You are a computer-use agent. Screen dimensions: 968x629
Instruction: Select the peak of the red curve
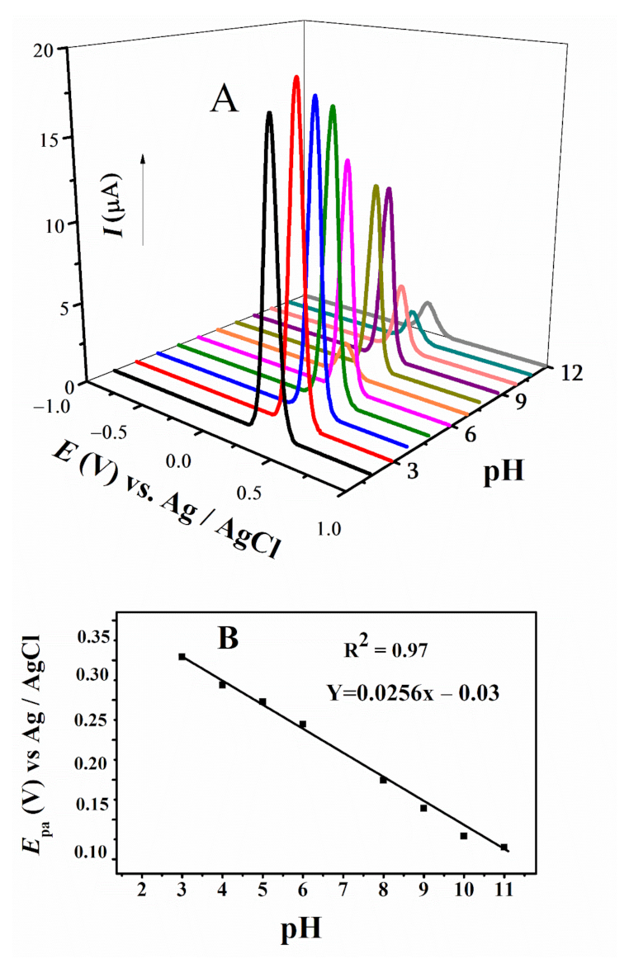click(296, 77)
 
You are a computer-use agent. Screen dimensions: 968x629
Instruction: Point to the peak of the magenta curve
click(348, 160)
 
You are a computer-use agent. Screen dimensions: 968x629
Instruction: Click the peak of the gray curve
click(427, 304)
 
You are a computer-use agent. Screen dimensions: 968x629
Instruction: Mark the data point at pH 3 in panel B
click(182, 657)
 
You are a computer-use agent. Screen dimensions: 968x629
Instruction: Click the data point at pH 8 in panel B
click(384, 780)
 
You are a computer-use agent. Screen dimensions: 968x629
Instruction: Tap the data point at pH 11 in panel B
click(504, 847)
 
